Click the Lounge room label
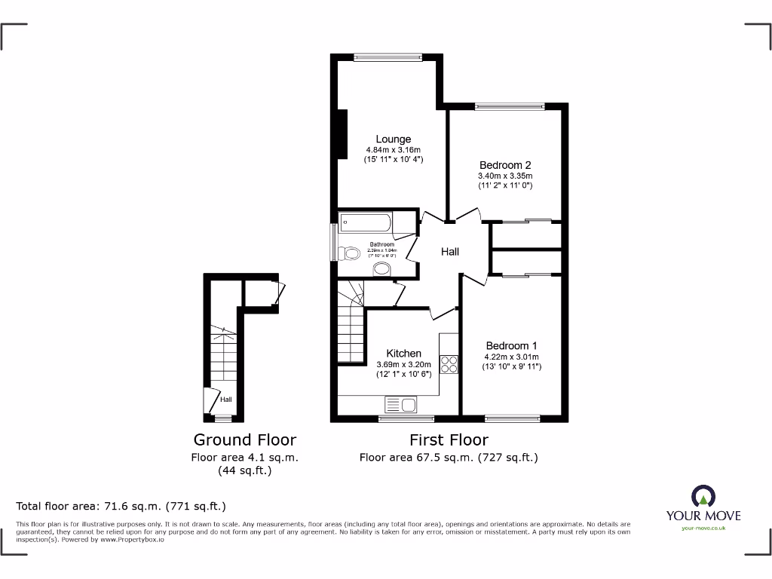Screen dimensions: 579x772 394,139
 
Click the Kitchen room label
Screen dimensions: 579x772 404,354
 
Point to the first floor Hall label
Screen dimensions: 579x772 450,252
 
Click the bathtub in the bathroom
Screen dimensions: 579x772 366,222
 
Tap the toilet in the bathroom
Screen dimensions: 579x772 350,253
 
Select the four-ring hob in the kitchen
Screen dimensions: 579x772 449,364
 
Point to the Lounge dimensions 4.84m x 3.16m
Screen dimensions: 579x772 394,150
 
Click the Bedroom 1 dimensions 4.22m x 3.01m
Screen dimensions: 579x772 512,357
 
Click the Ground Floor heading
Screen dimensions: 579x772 245,440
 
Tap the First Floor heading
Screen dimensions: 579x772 449,440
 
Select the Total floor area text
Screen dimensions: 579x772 121,506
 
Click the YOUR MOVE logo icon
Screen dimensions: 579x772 703,497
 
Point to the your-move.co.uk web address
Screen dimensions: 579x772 703,528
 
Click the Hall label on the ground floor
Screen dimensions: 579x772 226,400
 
